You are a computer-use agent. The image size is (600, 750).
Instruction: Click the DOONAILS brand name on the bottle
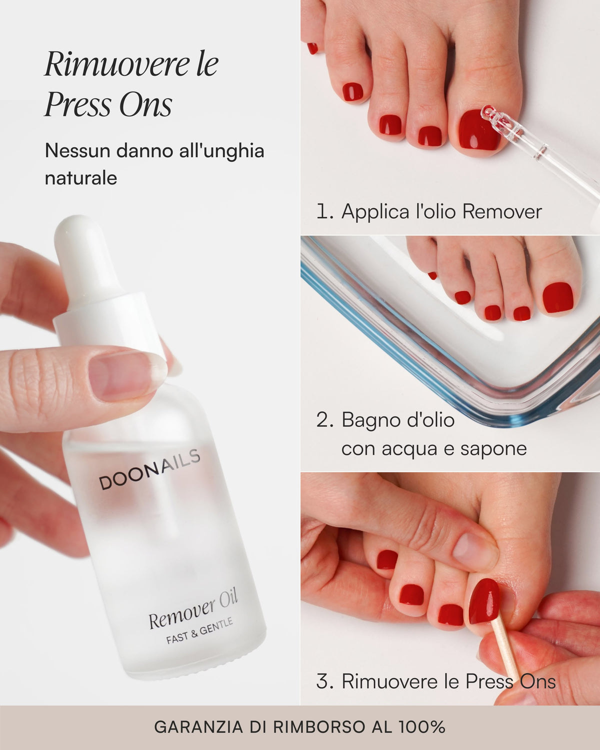[150, 469]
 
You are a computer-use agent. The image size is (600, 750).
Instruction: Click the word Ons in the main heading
[145, 104]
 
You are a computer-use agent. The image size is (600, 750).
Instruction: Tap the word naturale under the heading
[81, 178]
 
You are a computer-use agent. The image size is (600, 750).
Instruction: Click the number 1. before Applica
[324, 211]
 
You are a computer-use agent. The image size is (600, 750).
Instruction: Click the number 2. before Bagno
[325, 420]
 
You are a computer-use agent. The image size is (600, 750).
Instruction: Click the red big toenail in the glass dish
[558, 297]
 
